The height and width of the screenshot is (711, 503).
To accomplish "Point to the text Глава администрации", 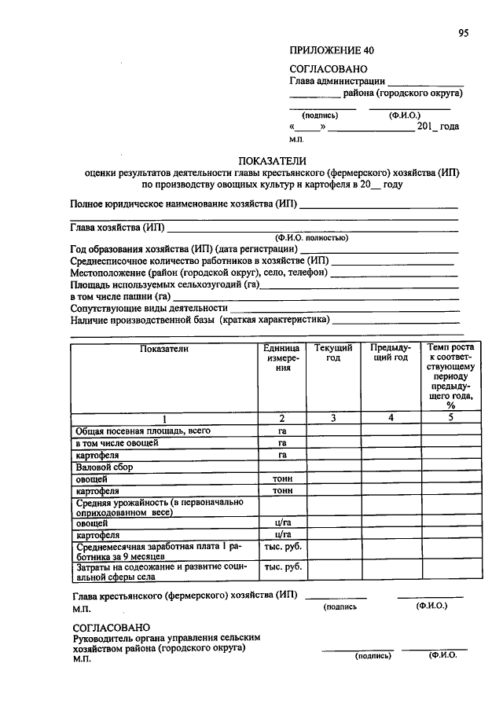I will (337, 81).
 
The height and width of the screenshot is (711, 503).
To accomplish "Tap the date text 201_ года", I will (438, 126).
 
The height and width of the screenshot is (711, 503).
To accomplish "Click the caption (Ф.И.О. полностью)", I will (312, 237).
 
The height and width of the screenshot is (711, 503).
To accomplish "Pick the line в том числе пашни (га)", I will (120, 296).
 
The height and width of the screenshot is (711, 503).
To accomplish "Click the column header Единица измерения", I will (281, 357).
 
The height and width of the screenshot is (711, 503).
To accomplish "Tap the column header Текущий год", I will (333, 352).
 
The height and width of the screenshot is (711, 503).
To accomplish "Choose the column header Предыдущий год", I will (390, 352).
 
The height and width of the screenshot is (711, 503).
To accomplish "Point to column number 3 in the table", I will (333, 418).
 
